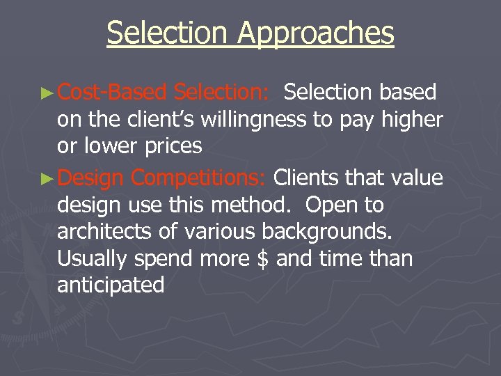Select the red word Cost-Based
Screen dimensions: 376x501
[112, 92]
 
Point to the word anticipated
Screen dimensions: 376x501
[111, 285]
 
